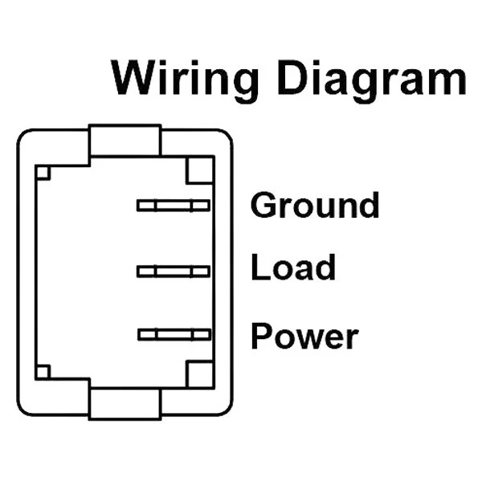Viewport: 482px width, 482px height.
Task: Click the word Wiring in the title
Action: [x=185, y=80]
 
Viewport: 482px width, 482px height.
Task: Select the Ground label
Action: [x=315, y=206]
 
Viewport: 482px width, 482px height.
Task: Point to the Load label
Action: [x=293, y=268]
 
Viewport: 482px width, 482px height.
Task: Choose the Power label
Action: [x=304, y=336]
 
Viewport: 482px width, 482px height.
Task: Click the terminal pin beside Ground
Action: [x=174, y=206]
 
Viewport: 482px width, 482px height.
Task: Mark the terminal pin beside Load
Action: [x=174, y=272]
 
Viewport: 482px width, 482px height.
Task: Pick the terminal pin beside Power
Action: [x=174, y=334]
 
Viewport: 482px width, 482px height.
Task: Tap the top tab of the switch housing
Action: [x=125, y=141]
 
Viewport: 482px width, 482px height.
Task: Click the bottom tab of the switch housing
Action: [x=125, y=402]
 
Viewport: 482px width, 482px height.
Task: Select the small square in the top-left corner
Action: [x=43, y=172]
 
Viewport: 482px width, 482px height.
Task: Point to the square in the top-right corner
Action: [x=199, y=170]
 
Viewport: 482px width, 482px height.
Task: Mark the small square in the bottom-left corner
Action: [x=43, y=371]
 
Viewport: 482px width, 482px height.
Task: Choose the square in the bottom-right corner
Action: [x=199, y=374]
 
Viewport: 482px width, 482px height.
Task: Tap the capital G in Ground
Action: [x=263, y=206]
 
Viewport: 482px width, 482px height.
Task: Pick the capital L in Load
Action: [x=259, y=268]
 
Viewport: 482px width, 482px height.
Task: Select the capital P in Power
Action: [x=260, y=336]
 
